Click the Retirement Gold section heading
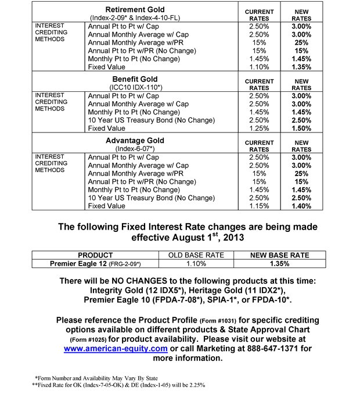tap(135, 9)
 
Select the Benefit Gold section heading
tap(135, 78)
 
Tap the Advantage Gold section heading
tap(135, 140)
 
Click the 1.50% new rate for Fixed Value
tap(301, 128)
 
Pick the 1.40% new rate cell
tap(301, 206)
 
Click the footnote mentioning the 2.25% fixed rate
tap(110, 385)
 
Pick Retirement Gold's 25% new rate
tap(301, 42)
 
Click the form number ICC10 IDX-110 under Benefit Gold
tap(135, 87)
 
